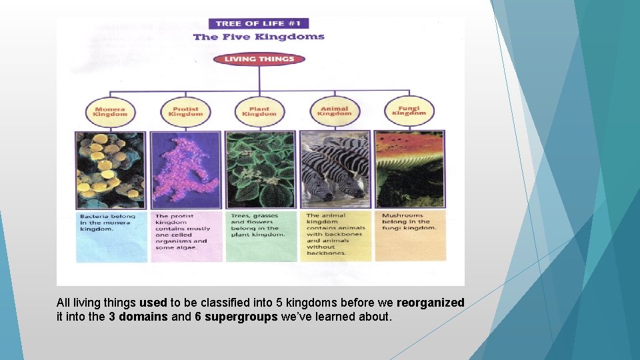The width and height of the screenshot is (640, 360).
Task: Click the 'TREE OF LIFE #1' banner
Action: click(x=258, y=23)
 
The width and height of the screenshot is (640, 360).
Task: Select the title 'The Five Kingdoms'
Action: click(x=259, y=37)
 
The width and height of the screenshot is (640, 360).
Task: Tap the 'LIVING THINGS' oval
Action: click(x=259, y=59)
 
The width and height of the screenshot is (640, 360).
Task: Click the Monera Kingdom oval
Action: click(x=110, y=111)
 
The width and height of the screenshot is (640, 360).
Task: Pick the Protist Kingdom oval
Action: click(x=185, y=111)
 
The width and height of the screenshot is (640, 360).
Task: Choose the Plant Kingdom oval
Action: click(x=259, y=111)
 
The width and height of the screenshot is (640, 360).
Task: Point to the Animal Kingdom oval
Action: click(x=334, y=111)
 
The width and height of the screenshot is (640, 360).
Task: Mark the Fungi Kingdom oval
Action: click(x=409, y=111)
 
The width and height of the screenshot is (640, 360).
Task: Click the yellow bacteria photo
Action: click(x=110, y=169)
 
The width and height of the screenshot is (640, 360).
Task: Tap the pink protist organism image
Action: click(x=185, y=169)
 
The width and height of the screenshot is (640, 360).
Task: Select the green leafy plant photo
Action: click(x=259, y=169)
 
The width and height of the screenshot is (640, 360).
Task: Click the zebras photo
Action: click(x=334, y=169)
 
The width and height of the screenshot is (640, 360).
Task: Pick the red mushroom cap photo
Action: click(x=409, y=169)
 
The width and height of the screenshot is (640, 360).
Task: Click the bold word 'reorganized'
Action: click(x=430, y=303)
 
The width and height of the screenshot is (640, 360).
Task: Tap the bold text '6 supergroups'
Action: click(x=236, y=317)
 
